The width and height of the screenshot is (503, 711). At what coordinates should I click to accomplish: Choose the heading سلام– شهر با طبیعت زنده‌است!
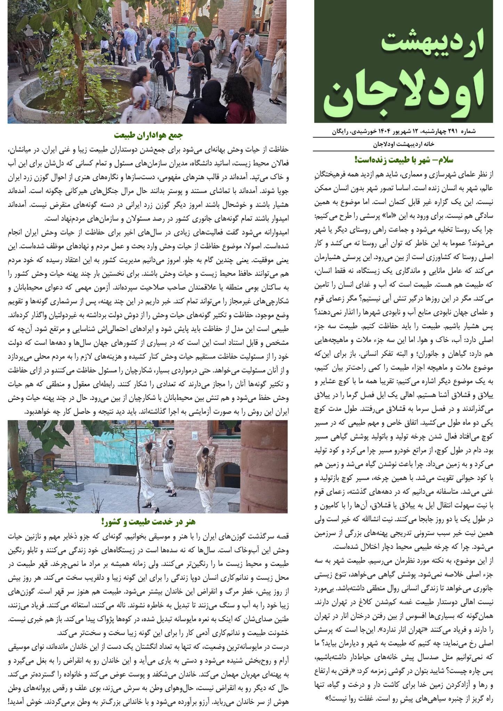[404, 160]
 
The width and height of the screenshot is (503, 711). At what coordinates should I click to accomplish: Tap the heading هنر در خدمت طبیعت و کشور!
[148, 521]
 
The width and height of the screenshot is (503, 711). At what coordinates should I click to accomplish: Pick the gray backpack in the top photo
[153, 75]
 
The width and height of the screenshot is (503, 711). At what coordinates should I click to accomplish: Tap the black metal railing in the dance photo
[56, 467]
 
